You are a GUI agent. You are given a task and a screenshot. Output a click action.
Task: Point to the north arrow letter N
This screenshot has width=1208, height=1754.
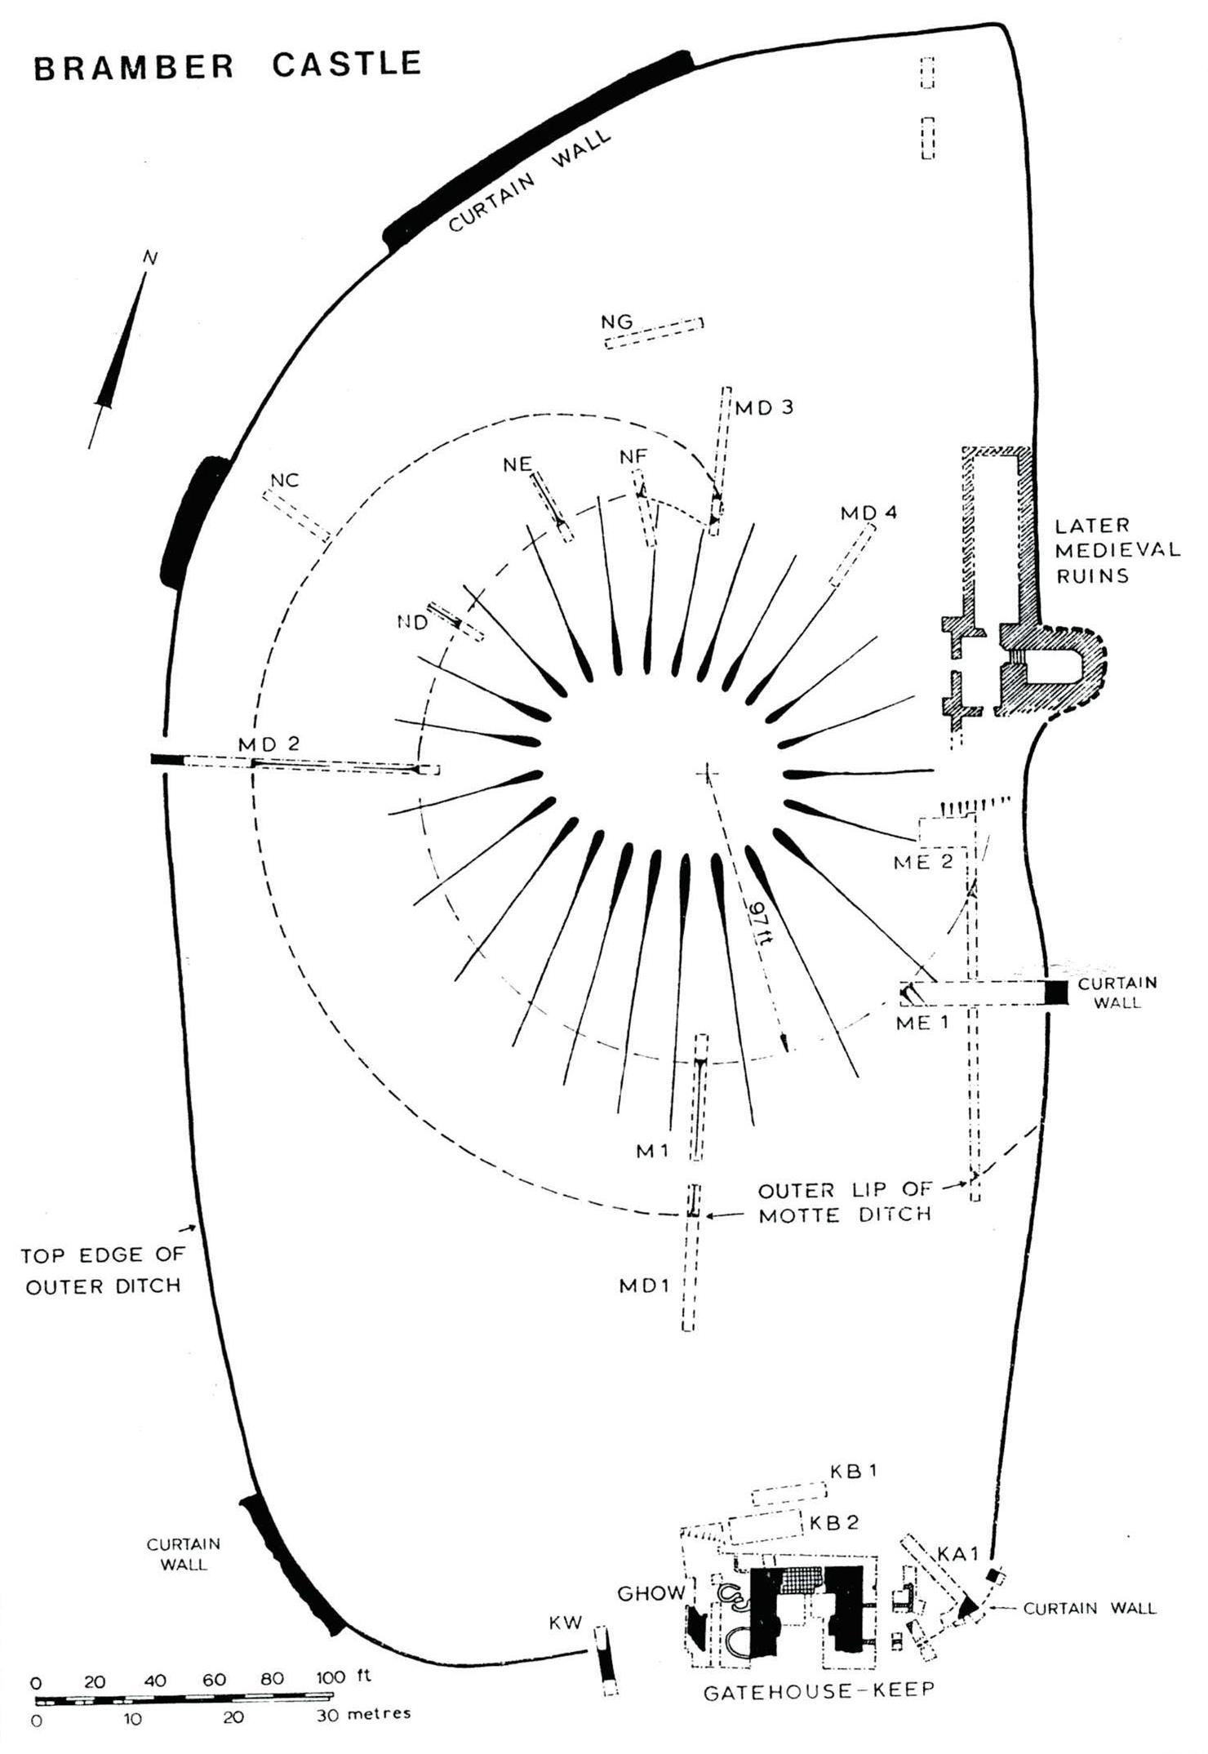pos(149,258)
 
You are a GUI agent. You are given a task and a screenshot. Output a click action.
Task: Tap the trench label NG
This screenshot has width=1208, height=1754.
pos(616,322)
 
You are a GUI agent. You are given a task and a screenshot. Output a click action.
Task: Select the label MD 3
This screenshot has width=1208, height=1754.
pos(764,406)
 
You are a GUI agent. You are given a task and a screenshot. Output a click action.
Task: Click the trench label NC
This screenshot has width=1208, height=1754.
pos(285,480)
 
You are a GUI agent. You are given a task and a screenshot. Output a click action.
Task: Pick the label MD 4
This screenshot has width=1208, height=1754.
pos(869,513)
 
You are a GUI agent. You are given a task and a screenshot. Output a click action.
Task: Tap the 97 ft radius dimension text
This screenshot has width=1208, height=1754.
pos(760,922)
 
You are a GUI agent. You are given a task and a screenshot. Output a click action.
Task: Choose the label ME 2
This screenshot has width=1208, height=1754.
pos(923,862)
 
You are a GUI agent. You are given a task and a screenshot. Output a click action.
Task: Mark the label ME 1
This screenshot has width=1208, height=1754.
pos(922,1022)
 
